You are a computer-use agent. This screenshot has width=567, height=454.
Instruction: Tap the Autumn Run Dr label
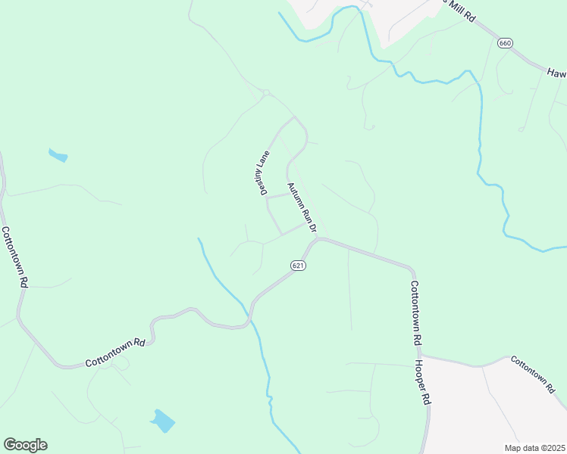(300, 207)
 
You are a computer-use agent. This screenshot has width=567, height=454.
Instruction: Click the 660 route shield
(506, 43)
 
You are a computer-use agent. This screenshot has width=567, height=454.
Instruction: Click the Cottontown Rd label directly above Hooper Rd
(415, 313)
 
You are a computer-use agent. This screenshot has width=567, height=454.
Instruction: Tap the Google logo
(25, 445)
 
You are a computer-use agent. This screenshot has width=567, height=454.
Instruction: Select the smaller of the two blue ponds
(58, 156)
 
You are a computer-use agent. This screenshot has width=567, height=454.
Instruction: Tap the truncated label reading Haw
(557, 73)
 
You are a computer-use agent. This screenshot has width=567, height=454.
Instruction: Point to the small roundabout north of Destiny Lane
(265, 93)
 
